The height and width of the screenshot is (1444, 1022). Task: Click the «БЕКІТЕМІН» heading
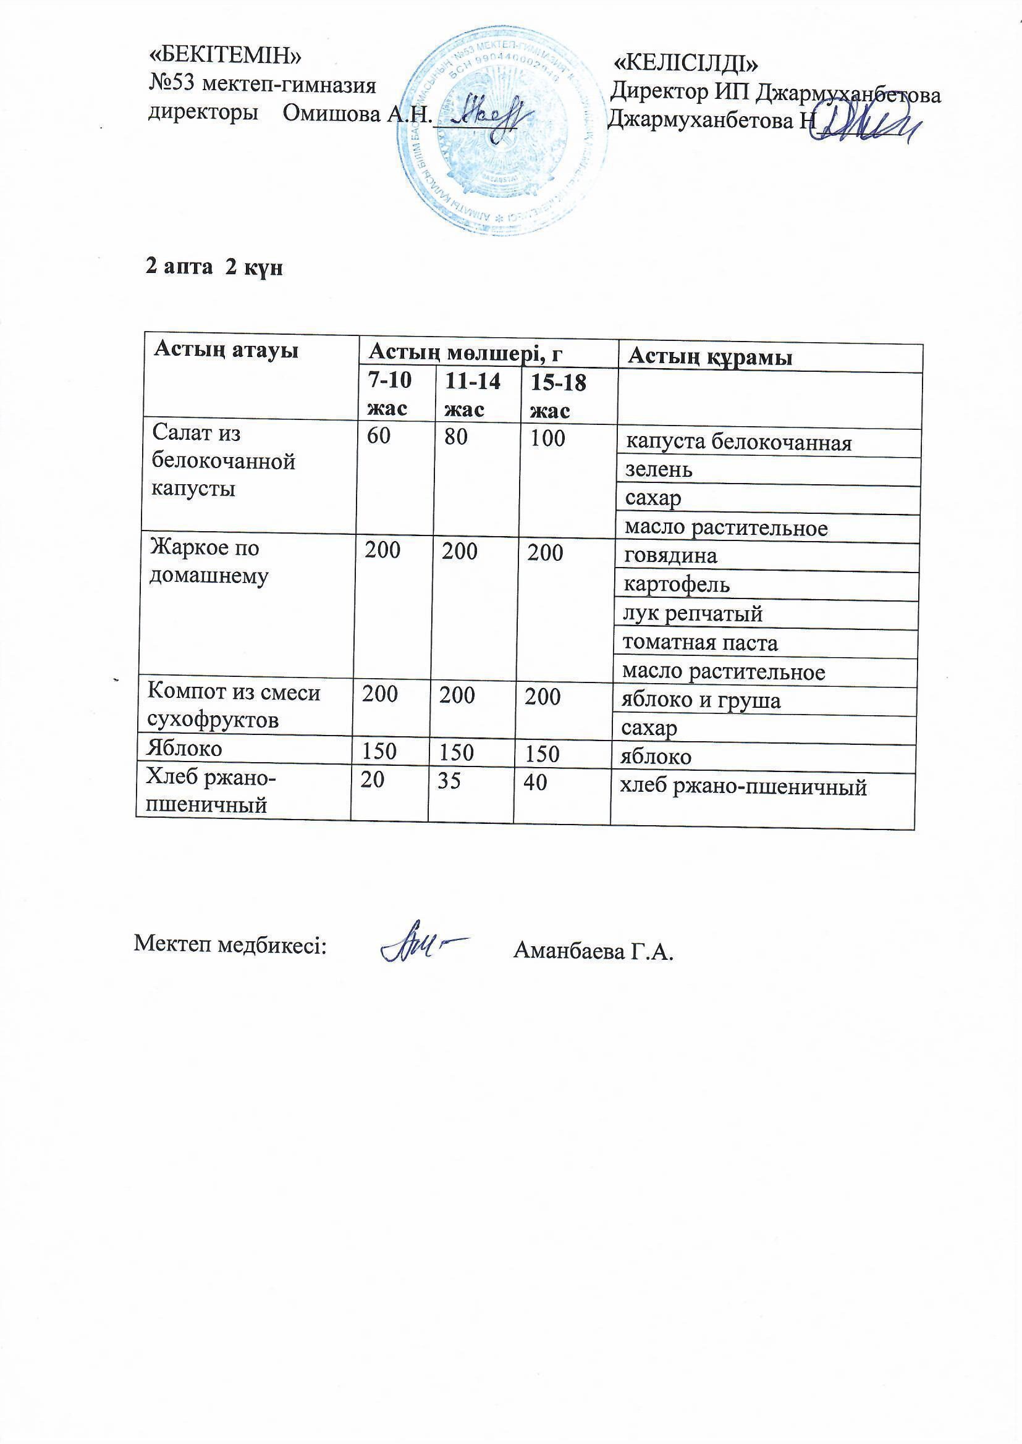pos(225,56)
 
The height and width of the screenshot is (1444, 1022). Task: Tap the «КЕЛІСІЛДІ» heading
pos(685,64)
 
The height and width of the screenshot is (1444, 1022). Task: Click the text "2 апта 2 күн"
pos(214,267)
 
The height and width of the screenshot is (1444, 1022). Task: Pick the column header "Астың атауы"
pos(226,350)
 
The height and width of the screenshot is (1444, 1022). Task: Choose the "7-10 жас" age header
pos(389,394)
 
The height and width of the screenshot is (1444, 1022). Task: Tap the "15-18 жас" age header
pos(557,397)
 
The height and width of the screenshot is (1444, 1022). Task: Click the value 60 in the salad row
pos(379,437)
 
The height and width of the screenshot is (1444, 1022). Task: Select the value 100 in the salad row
pos(547,439)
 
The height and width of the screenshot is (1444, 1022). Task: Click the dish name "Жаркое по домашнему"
pos(208,561)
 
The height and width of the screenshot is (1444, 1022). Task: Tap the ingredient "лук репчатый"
pos(692,614)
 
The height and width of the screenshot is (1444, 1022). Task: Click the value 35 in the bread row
pos(449,781)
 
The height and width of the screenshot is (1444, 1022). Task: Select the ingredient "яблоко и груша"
pos(701,700)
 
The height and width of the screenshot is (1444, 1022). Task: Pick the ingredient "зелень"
pos(658,470)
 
